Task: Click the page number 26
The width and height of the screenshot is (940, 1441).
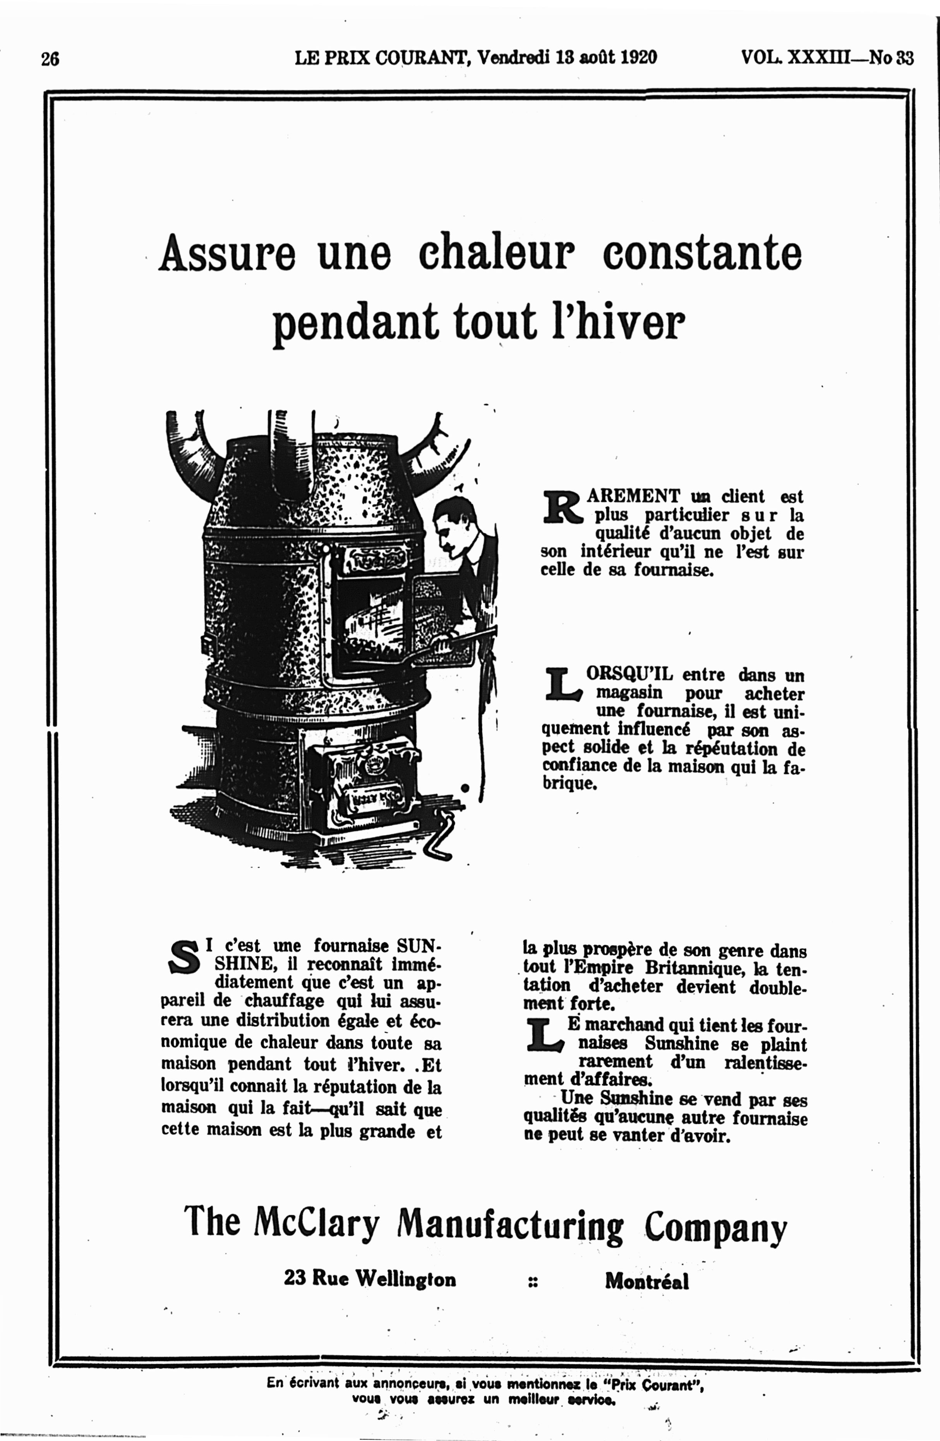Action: pos(50,59)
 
